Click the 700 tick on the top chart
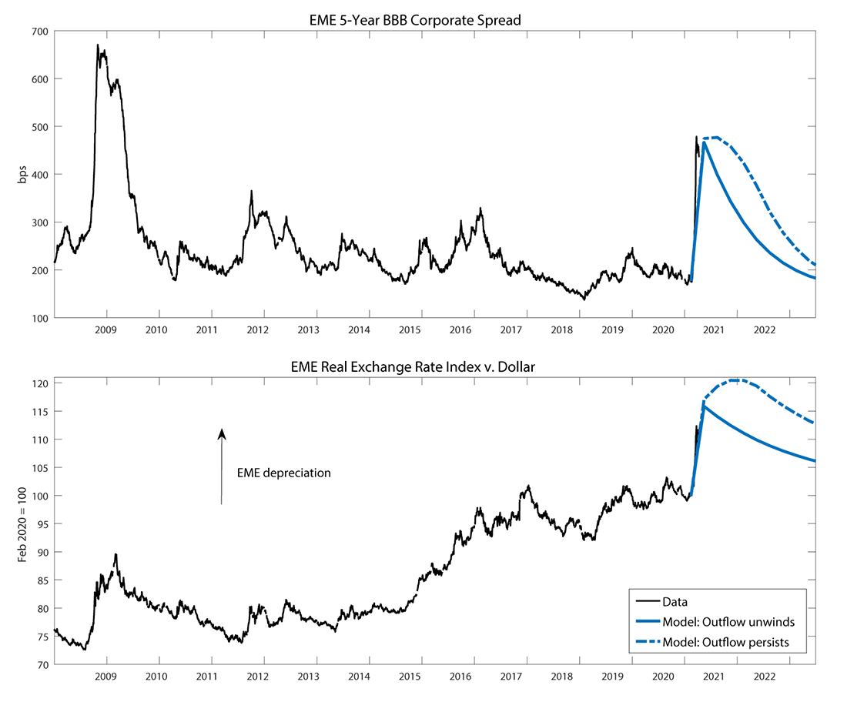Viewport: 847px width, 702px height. coord(39,32)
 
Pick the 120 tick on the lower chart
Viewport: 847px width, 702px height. coord(40,383)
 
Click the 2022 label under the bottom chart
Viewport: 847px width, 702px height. coord(764,677)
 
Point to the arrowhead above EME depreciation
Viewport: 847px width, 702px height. coord(222,433)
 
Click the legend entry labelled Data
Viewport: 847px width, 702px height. coord(675,602)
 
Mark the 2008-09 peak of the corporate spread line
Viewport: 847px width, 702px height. coord(98,45)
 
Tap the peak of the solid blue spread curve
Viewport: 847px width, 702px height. coord(704,142)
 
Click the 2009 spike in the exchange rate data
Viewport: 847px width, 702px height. coord(115,554)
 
